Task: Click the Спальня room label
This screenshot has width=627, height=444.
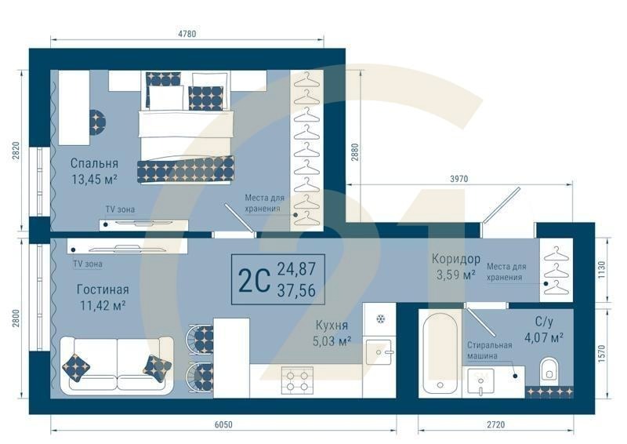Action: pos(94,163)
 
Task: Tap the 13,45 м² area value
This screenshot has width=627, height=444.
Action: pos(94,179)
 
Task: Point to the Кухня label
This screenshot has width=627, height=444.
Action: pos(332,326)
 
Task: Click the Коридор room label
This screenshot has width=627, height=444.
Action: pos(455,259)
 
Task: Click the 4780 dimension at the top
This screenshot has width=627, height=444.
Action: pos(187,34)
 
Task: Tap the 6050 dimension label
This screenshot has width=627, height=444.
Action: pos(223,424)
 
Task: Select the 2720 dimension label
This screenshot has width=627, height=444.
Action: pos(495,424)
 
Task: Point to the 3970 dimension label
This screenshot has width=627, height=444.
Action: pos(458,179)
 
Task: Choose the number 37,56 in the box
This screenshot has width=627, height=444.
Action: pos(296,289)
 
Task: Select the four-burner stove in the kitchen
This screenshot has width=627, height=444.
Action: pos(297,379)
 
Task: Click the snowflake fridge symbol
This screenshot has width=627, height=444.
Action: pos(380,319)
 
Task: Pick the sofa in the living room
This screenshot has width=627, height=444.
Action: pos(115,363)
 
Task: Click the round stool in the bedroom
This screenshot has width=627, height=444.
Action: pos(96,121)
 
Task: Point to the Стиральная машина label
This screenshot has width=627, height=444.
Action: pos(489,350)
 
